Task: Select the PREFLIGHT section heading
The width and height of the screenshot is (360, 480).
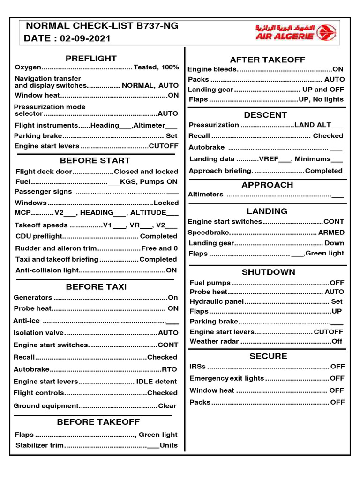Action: coord(91,59)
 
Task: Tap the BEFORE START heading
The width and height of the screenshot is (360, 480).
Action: coord(95,161)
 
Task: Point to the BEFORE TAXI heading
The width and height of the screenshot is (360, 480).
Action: coord(96,287)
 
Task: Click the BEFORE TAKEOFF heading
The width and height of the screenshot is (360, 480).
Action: coord(98,422)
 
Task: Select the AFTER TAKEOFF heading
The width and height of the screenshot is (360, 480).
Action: coord(267,60)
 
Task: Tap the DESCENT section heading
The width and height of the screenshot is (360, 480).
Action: coord(265,115)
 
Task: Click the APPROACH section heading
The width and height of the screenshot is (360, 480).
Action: coord(267,185)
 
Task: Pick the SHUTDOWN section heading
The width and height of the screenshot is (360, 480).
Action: coord(269,272)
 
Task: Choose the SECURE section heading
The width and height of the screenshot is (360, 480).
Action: coord(268,356)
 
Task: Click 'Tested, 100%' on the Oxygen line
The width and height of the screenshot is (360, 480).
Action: coord(156,67)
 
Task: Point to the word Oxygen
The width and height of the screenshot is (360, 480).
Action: coord(28,67)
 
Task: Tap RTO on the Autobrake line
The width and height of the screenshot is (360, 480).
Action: coord(170,369)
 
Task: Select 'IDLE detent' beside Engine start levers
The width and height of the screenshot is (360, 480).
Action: coord(157,382)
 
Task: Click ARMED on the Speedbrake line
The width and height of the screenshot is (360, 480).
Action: coord(331,232)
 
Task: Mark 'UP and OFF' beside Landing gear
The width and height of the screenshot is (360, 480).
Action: coord(323,90)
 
